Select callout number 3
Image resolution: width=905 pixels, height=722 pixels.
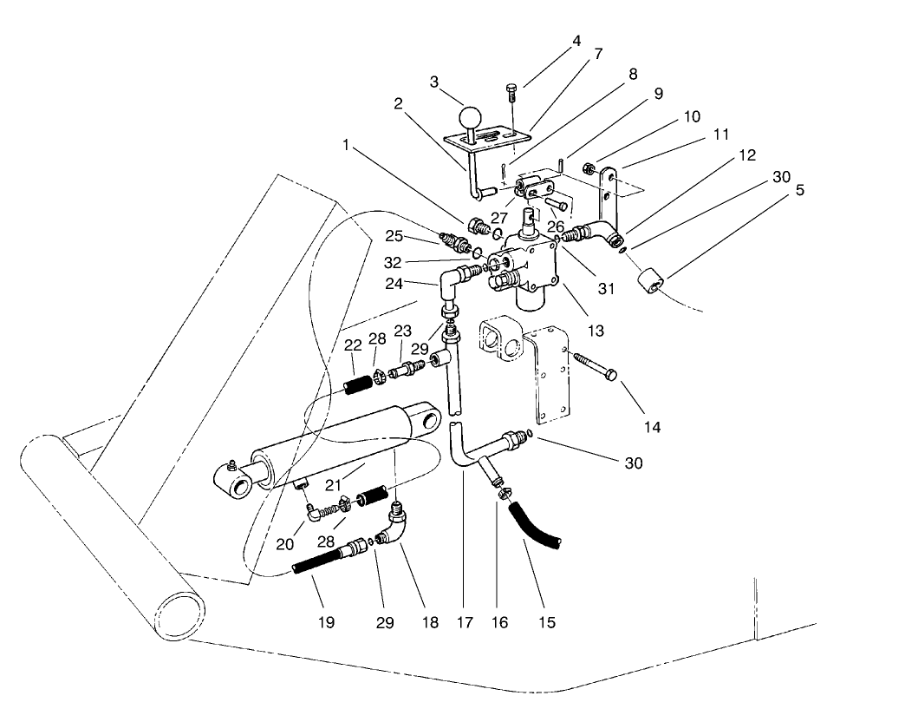point(434,82)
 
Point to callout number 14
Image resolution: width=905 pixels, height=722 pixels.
point(652,427)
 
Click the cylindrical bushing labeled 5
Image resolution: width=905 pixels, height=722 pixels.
point(654,284)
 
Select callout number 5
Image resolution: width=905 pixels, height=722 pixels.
point(799,189)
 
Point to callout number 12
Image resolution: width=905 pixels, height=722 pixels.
point(748,155)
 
